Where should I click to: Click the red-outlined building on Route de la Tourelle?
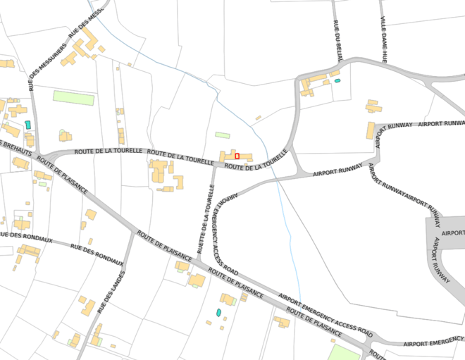point(237,155)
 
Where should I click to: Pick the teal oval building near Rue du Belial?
point(337,82)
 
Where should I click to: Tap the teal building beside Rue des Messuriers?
point(27,125)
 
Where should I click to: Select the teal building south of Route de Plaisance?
point(218,311)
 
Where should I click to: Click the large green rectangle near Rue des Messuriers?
point(73,98)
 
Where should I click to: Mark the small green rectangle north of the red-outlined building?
point(223,135)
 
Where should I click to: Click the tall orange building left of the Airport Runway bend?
point(371,131)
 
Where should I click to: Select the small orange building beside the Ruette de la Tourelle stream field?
point(259,117)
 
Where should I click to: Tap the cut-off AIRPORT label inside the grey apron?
point(452,232)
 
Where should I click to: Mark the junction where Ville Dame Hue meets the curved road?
point(386,62)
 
